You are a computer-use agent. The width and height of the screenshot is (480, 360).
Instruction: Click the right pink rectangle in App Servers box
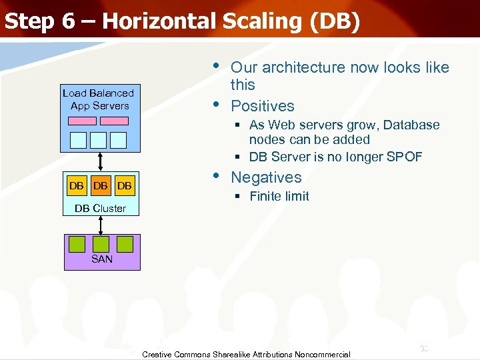tap(117, 121)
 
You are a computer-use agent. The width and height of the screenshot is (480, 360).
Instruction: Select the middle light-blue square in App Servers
tap(98, 139)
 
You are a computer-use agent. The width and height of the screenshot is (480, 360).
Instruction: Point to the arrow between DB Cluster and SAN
tap(101, 225)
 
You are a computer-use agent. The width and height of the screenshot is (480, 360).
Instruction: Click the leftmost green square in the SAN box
tap(77, 244)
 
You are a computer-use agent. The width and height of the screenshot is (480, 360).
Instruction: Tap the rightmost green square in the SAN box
tap(125, 244)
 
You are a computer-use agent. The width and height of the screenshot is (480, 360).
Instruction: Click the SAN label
tap(102, 259)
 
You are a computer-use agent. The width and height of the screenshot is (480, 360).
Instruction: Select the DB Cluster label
tap(100, 209)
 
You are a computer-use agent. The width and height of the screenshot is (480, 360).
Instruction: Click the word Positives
tap(262, 106)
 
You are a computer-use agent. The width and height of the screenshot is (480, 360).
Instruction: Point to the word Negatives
tap(266, 177)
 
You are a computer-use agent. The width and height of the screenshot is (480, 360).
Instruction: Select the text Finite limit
tap(279, 196)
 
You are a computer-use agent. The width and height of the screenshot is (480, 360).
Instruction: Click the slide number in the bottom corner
tap(424, 348)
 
